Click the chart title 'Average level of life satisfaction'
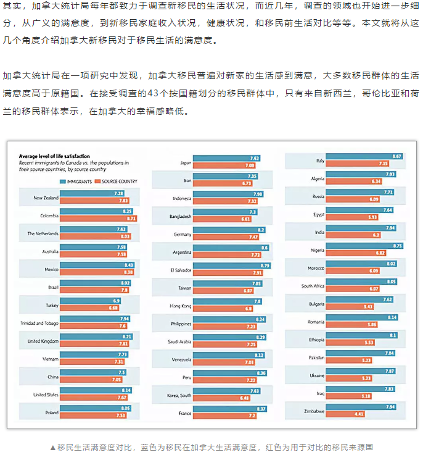[x=54, y=156]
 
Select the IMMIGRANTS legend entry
[x=77, y=181]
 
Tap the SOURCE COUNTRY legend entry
[x=117, y=181]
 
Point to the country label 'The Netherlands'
[x=43, y=233]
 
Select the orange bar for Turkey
[x=89, y=307]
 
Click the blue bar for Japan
[x=226, y=159]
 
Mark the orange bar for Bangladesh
[x=222, y=219]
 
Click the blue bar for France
[x=230, y=409]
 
